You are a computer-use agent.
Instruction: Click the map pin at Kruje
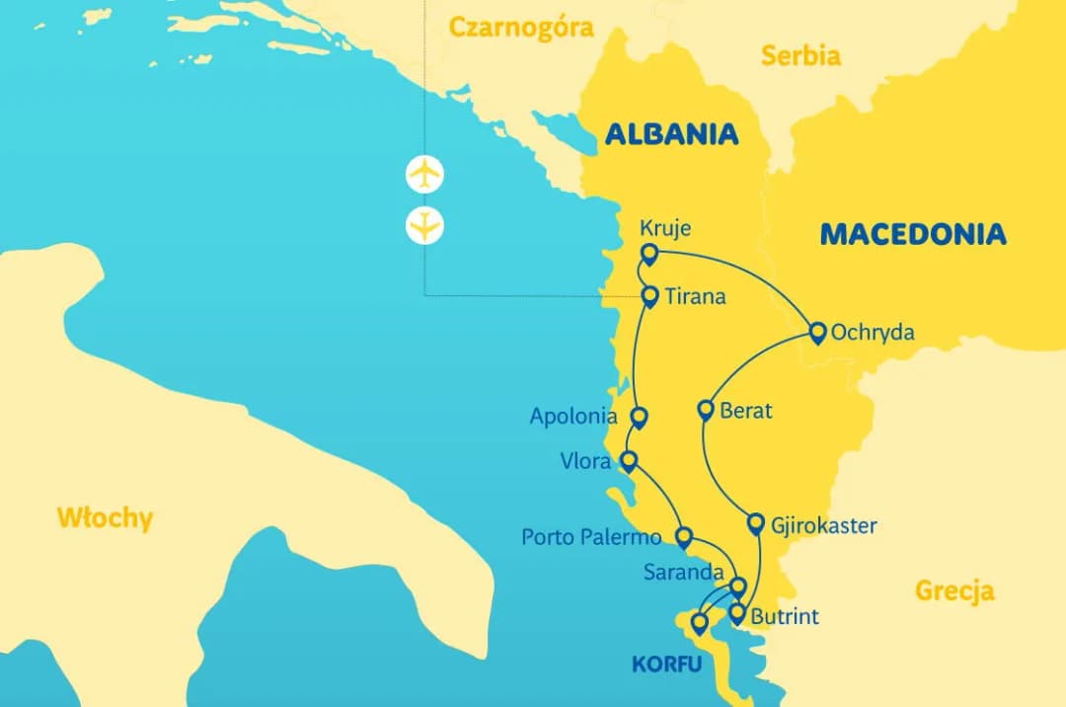click(648, 254)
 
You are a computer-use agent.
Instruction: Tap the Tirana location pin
click(649, 294)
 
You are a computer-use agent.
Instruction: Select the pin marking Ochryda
click(817, 332)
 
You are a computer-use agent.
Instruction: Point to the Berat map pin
click(706, 410)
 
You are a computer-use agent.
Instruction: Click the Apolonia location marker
click(639, 417)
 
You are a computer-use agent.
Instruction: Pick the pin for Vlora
click(628, 460)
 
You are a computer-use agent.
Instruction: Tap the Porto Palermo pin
click(683, 536)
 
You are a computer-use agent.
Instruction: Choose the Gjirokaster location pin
click(756, 523)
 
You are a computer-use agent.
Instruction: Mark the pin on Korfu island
click(699, 622)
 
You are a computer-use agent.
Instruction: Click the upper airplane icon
click(424, 175)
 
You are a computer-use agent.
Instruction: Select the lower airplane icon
click(424, 226)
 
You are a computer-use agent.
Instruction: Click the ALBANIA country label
click(671, 133)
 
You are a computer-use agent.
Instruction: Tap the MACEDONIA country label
click(913, 234)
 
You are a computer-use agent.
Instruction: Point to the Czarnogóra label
click(521, 27)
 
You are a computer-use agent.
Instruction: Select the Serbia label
click(800, 55)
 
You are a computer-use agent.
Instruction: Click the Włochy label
click(105, 517)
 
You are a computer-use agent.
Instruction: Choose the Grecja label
click(954, 591)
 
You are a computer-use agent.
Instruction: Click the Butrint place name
click(785, 617)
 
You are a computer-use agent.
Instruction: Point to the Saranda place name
click(683, 573)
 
